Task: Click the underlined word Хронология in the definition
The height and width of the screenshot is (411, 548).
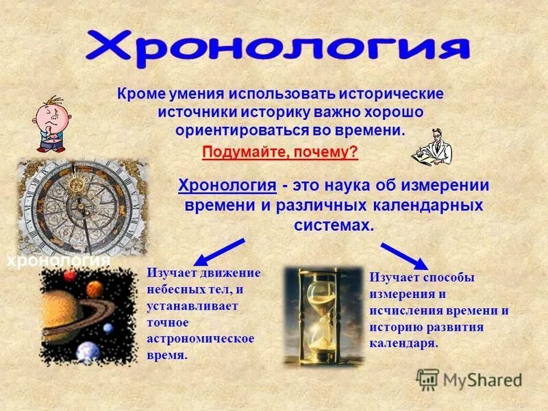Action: tap(227, 186)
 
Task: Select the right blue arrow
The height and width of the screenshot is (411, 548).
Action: tap(405, 254)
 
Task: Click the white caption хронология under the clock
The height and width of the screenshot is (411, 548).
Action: tap(58, 261)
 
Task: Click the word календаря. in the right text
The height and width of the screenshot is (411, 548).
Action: tap(403, 343)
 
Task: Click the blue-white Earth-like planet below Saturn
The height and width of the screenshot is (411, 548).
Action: tap(88, 351)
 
